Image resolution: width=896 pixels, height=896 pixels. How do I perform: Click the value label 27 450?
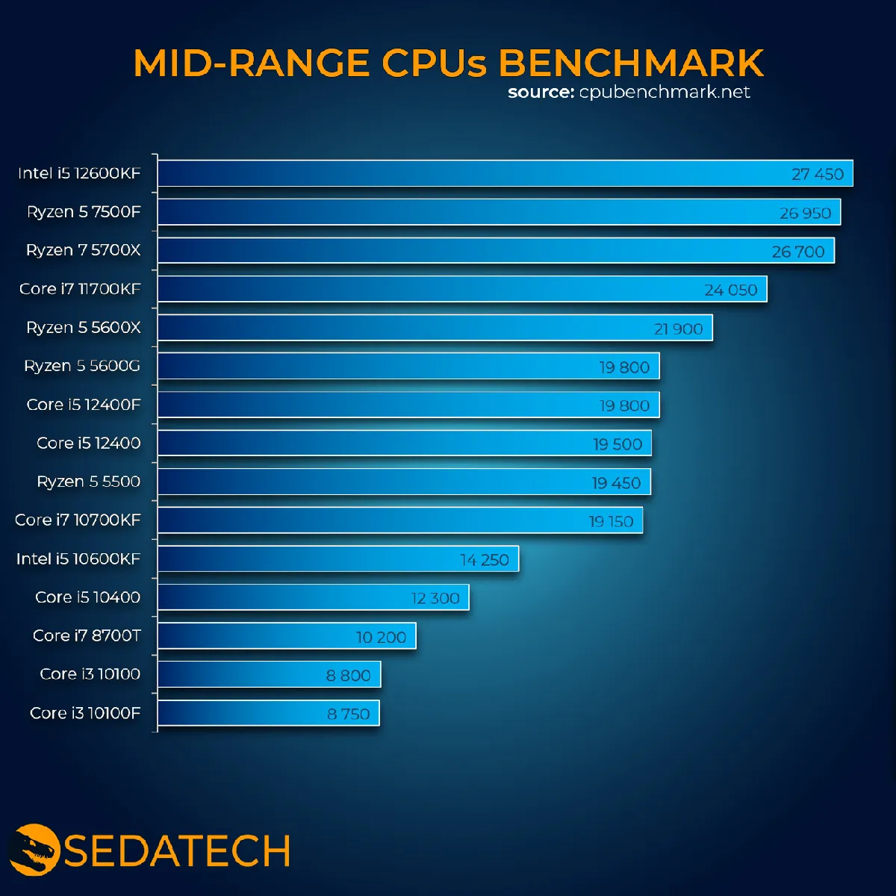pyautogui.click(x=817, y=174)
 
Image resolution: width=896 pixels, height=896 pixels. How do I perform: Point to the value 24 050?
pyautogui.click(x=730, y=290)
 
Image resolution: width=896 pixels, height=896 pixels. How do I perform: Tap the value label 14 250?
pyautogui.click(x=484, y=559)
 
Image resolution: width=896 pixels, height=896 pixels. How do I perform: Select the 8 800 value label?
pyautogui.click(x=348, y=675)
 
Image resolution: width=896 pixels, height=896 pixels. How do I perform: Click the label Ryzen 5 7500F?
pyautogui.click(x=83, y=211)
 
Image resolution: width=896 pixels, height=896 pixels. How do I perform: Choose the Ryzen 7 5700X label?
pyautogui.click(x=83, y=250)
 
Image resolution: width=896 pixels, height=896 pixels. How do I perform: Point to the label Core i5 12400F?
pyautogui.click(x=83, y=405)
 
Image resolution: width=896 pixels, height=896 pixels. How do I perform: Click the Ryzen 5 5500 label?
pyautogui.click(x=88, y=482)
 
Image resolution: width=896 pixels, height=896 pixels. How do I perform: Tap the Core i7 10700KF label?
pyautogui.click(x=78, y=520)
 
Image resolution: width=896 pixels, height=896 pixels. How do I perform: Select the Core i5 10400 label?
pyautogui.click(x=87, y=597)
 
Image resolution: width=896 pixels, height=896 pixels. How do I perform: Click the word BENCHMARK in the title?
pyautogui.click(x=631, y=63)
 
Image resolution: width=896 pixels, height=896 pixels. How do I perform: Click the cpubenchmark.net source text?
pyautogui.click(x=664, y=92)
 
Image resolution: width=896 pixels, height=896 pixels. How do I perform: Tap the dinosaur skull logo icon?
pyautogui.click(x=34, y=849)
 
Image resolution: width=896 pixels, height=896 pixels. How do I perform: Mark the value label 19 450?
pyautogui.click(x=616, y=482)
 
